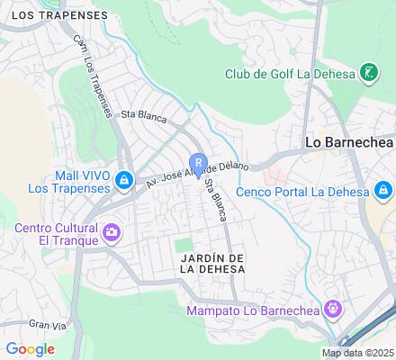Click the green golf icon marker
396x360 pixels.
tap(368, 72)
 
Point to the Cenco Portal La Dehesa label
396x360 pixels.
tap(302, 191)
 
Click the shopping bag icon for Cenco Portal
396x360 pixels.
tap(382, 190)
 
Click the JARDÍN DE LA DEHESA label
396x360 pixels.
tap(212, 263)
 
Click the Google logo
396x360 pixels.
tap(29, 349)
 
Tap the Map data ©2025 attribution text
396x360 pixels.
tap(358, 354)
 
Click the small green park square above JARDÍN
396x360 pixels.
tap(183, 245)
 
